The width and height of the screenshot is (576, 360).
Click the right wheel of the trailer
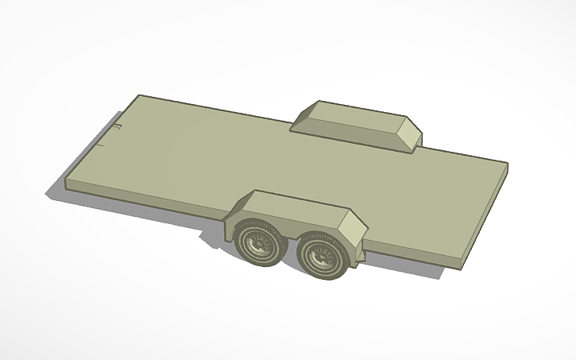(323, 254)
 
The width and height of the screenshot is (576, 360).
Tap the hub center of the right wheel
(323, 255)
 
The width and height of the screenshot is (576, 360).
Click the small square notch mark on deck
(117, 127)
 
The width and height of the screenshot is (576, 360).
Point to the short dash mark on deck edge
(101, 145)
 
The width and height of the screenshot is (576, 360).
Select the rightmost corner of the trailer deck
(507, 165)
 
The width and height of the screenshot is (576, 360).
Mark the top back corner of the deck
(139, 95)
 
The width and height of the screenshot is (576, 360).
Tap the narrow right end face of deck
(484, 215)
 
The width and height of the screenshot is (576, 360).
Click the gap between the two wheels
(291, 253)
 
